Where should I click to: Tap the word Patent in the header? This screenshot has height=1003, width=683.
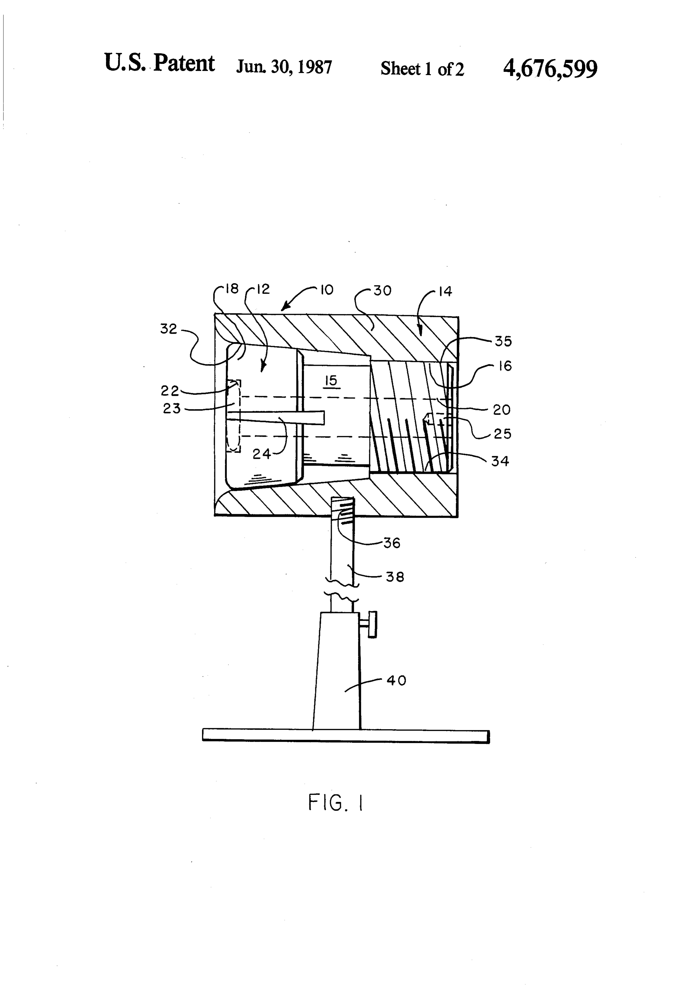[184, 64]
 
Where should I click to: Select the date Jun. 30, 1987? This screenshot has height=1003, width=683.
[284, 67]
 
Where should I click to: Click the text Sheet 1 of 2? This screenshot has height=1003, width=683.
[422, 69]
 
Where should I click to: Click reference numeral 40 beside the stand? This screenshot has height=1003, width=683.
[396, 681]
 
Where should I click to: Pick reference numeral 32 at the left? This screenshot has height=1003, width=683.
[168, 329]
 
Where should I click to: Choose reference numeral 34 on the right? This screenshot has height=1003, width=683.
[500, 461]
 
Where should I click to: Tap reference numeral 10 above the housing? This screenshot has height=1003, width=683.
[327, 290]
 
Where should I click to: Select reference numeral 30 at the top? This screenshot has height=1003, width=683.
[382, 291]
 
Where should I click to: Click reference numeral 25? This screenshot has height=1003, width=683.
[502, 434]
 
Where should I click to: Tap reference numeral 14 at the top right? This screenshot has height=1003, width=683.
[445, 292]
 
